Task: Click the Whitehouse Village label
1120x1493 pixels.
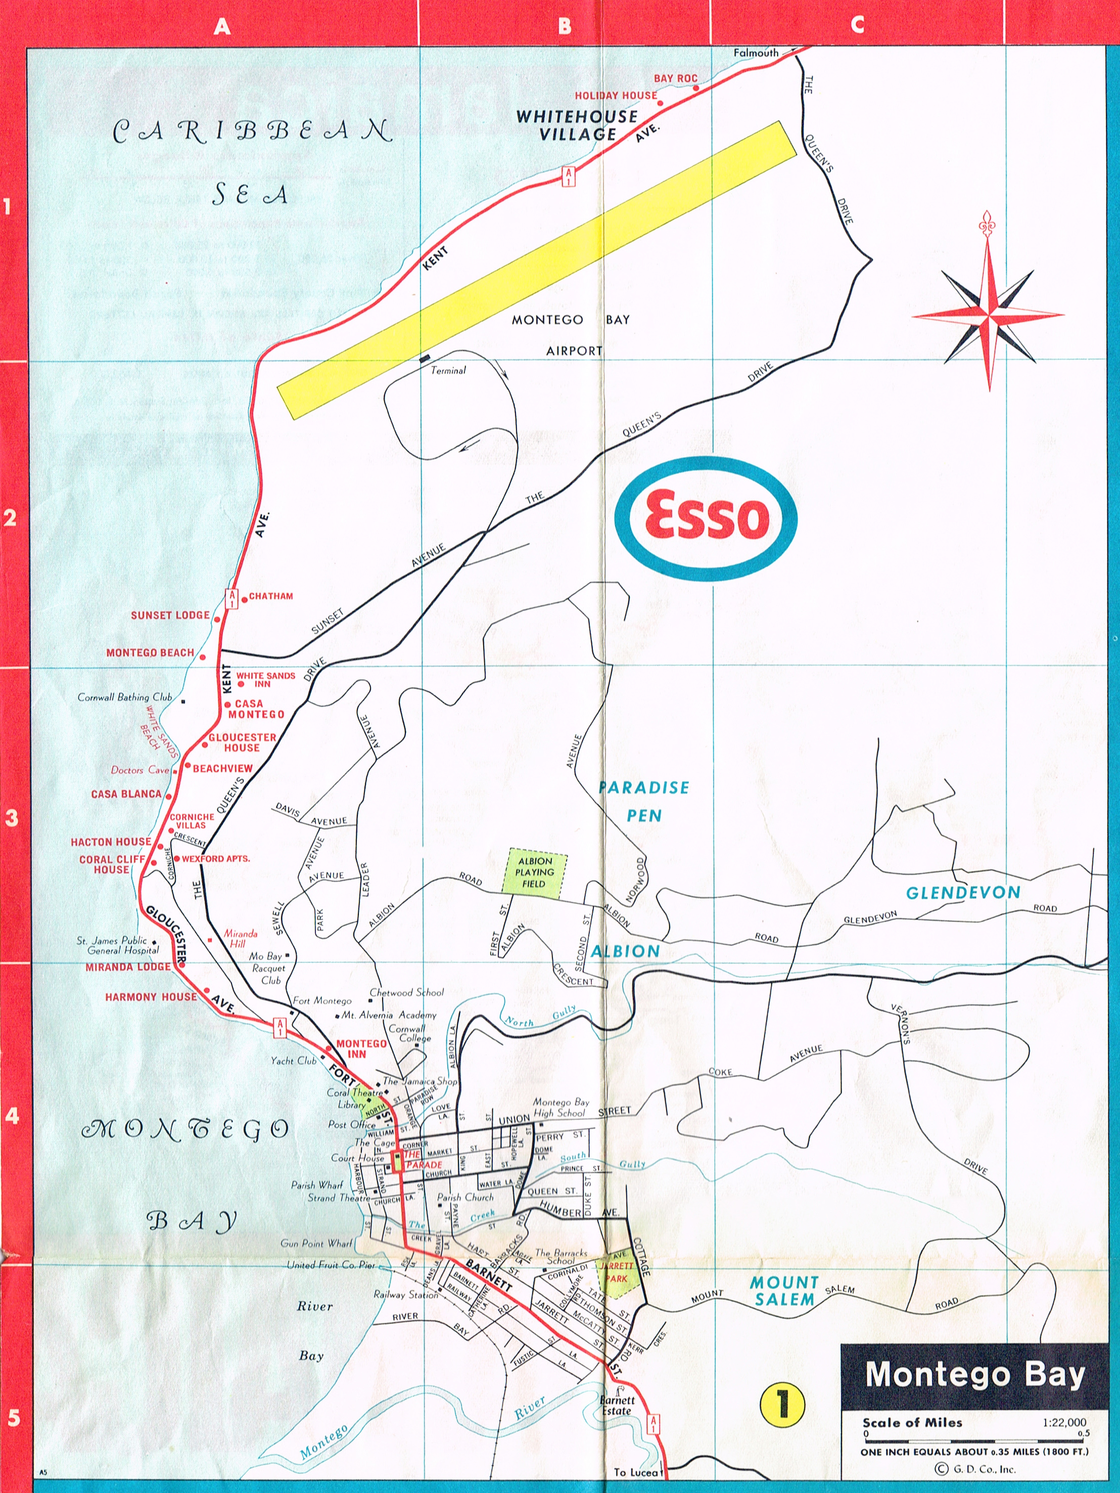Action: (x=577, y=125)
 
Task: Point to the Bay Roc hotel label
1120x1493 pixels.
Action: (x=675, y=78)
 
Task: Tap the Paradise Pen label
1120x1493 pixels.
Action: (x=644, y=801)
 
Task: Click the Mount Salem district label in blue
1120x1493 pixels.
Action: (x=784, y=1291)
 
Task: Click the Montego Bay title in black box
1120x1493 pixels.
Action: (x=974, y=1375)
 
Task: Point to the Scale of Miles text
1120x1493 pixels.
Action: (x=912, y=1423)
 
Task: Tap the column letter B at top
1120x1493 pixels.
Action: (x=565, y=26)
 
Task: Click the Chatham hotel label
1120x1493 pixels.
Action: (x=270, y=596)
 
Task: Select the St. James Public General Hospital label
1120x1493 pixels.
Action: (x=117, y=945)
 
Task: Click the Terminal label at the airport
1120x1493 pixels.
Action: (x=448, y=370)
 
